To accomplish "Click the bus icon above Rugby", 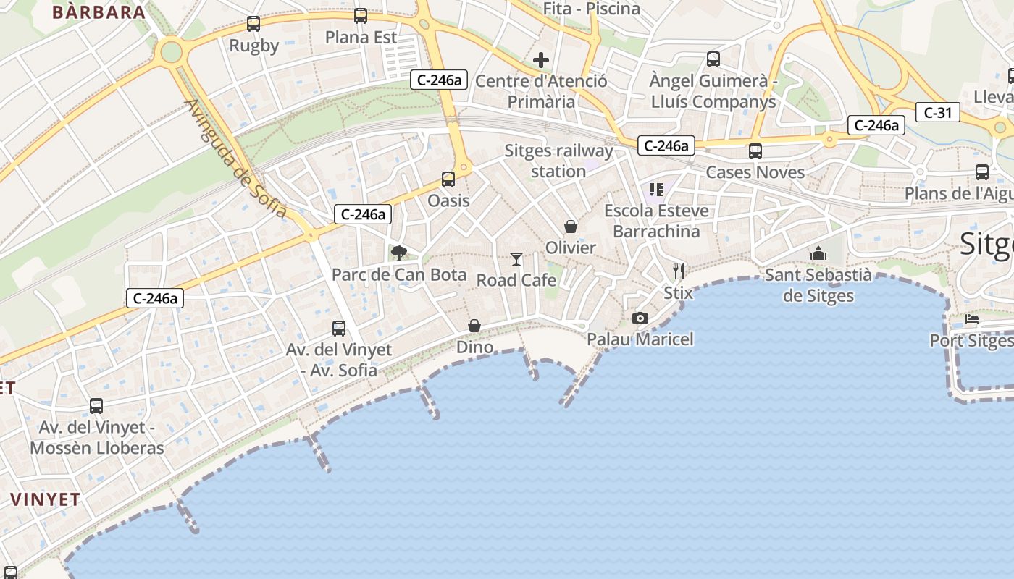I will pyautogui.click(x=253, y=24).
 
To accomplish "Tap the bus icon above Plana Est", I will pyautogui.click(x=360, y=16).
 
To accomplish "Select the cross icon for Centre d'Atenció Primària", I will pyautogui.click(x=541, y=60).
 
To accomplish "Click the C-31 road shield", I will pyautogui.click(x=937, y=112).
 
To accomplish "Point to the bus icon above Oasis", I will pyautogui.click(x=448, y=179).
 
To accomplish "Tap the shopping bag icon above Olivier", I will pyautogui.click(x=571, y=227).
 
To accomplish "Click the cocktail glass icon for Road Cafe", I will pyautogui.click(x=516, y=258).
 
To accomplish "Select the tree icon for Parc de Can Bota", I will pyautogui.click(x=398, y=253).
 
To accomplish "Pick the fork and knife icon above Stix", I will pyautogui.click(x=678, y=271).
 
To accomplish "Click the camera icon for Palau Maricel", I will pyautogui.click(x=640, y=318).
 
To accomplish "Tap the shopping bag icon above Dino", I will pyautogui.click(x=474, y=326).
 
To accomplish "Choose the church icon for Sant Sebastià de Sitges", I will pyautogui.click(x=818, y=253).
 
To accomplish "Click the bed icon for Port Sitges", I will pyautogui.click(x=971, y=319).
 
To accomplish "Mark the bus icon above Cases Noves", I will pyautogui.click(x=755, y=151).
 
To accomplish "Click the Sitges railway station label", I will pyautogui.click(x=558, y=161).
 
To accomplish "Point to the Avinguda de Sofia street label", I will pyautogui.click(x=235, y=159).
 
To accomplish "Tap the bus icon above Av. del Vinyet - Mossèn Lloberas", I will pyautogui.click(x=96, y=406).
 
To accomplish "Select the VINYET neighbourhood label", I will pyautogui.click(x=45, y=499).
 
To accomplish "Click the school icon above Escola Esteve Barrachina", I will pyautogui.click(x=656, y=190).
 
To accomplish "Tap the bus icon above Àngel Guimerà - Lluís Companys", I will pyautogui.click(x=713, y=59).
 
